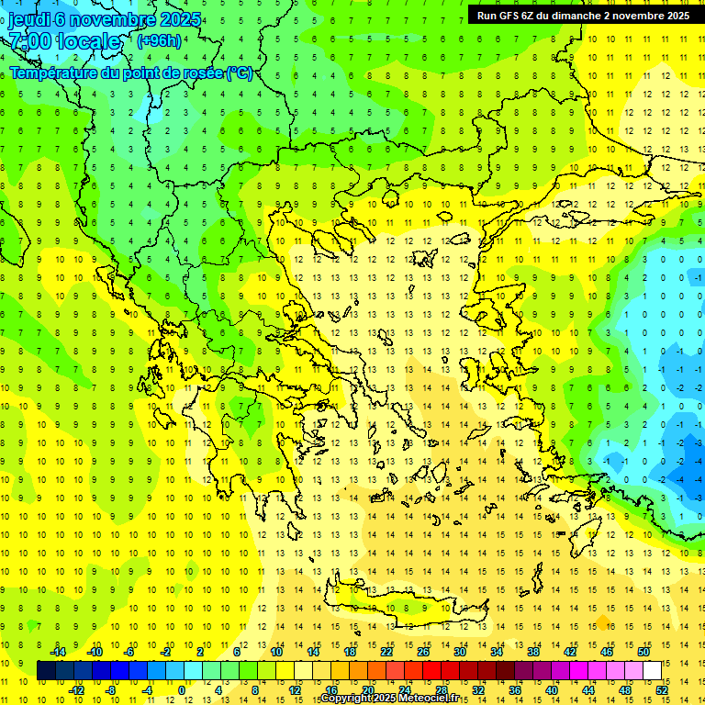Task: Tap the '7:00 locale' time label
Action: tap(65, 41)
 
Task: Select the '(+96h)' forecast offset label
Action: tap(159, 41)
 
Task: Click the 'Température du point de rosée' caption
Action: tap(131, 73)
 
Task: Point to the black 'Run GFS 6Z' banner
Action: tap(583, 15)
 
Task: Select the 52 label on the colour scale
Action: tap(662, 690)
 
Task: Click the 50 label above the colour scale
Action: tap(643, 652)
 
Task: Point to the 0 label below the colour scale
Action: tap(182, 690)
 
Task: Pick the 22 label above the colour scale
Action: tap(386, 652)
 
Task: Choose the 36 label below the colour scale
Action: tap(515, 690)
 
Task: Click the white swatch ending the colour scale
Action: tap(652, 671)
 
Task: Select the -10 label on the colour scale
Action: tap(94, 652)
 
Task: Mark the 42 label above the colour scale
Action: tap(570, 652)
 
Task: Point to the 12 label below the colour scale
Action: tap(295, 690)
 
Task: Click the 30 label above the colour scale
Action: tap(460, 652)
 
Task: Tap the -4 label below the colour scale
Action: tap(146, 690)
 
